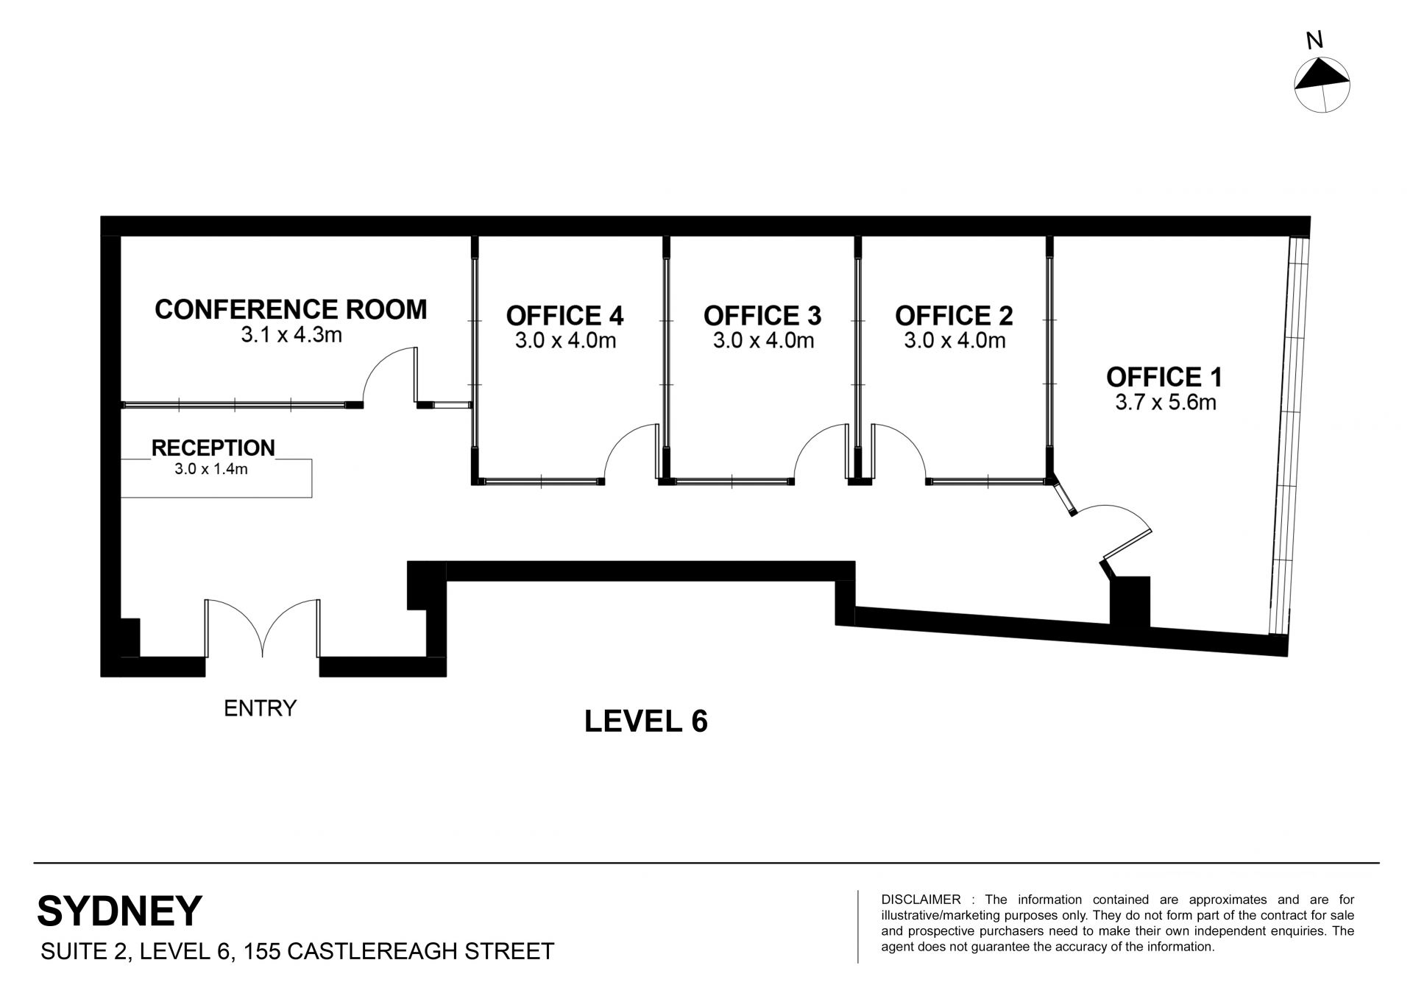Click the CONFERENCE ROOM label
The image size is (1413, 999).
(291, 309)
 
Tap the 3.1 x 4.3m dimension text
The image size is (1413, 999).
(291, 336)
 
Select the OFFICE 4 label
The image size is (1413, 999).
(564, 316)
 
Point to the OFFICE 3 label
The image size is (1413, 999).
(762, 316)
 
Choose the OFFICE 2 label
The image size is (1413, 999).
(954, 316)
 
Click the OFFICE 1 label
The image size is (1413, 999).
(1164, 377)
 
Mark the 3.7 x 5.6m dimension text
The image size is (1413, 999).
(1166, 402)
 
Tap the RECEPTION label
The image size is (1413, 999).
(213, 448)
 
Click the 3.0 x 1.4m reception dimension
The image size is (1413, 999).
(211, 468)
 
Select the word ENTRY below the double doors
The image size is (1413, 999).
(260, 708)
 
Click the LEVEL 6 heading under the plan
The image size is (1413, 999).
(646, 721)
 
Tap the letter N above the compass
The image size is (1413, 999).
(1314, 41)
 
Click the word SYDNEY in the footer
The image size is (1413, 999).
(119, 911)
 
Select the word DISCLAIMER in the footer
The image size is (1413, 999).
(921, 900)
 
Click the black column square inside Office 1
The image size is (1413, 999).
(1130, 601)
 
